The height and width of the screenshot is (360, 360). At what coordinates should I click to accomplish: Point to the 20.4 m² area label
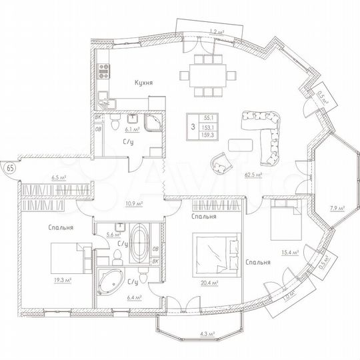click(210, 281)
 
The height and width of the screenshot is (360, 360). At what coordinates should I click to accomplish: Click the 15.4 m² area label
click(289, 251)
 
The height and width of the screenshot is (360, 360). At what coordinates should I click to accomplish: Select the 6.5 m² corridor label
click(59, 178)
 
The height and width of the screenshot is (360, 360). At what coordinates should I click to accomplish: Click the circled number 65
click(10, 167)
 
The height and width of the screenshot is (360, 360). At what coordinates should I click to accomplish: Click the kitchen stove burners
click(105, 68)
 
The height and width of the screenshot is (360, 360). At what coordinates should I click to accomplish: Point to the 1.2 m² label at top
click(215, 31)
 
